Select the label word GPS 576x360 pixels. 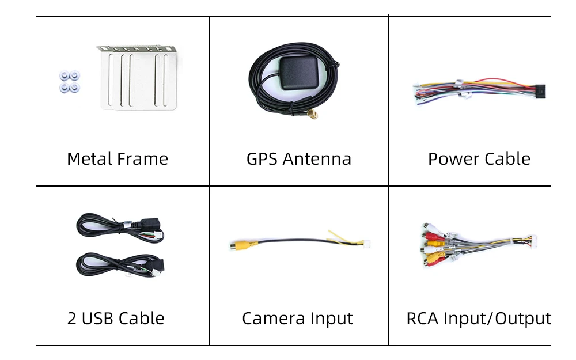[x=262, y=159]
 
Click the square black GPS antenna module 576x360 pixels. [x=299, y=73]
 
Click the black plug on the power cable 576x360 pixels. [x=540, y=91]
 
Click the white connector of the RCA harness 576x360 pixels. [x=531, y=240]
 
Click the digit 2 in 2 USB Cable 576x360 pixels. [x=71, y=319]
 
